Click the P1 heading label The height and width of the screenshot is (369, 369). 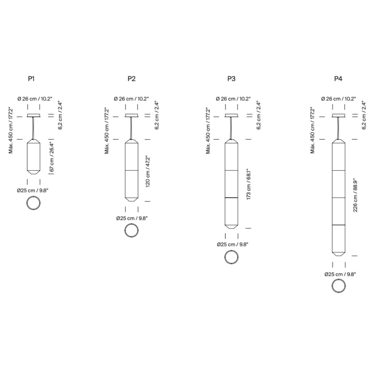click(31, 79)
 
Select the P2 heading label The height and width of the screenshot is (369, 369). click(132, 79)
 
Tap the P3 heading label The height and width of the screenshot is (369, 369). click(231, 79)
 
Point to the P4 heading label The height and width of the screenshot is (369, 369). click(338, 79)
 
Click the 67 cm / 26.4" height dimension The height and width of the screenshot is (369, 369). click(52, 157)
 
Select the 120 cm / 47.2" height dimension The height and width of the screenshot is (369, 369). click(148, 171)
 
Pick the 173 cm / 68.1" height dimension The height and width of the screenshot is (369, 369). click(249, 184)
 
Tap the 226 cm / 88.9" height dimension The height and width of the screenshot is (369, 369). click(355, 195)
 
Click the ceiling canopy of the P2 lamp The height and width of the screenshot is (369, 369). click(132, 115)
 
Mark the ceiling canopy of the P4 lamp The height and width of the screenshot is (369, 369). click(339, 115)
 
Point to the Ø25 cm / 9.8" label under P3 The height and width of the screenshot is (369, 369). click(233, 245)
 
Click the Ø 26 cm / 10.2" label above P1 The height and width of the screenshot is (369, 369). click(35, 99)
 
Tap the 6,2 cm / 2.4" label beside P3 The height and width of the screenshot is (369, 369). click(259, 115)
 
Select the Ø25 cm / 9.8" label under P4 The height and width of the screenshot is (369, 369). click(340, 274)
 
